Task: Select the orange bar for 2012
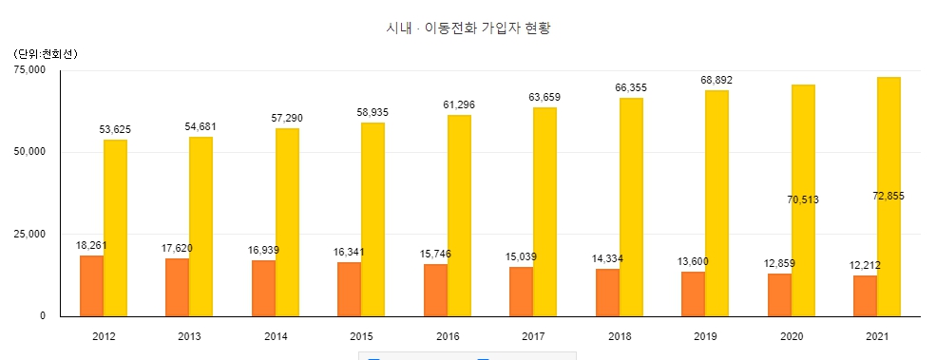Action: click(91, 286)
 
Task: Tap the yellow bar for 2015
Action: click(372, 219)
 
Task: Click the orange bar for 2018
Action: click(607, 293)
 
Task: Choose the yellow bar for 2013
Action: click(201, 226)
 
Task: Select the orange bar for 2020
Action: click(779, 294)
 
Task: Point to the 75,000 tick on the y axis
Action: click(31, 69)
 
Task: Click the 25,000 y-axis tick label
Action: click(31, 234)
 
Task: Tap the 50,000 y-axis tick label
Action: click(31, 152)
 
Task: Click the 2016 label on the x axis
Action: click(449, 336)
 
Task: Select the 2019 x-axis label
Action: click(706, 336)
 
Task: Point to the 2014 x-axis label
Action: click(277, 336)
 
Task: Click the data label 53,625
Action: click(115, 128)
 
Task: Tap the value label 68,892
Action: click(716, 79)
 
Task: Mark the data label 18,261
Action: click(91, 245)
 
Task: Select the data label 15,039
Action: click(521, 256)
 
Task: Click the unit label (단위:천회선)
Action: click(47, 53)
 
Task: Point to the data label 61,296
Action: click(459, 104)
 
